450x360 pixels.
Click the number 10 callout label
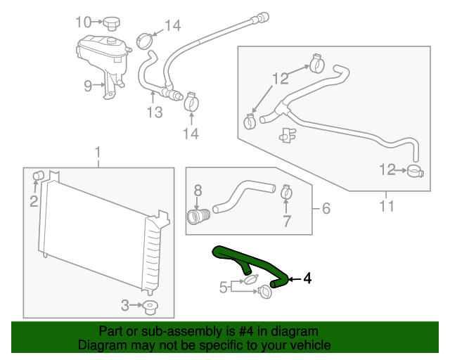84,21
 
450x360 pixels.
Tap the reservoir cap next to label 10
111,24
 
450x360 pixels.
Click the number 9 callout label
88,86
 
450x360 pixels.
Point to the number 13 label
154,112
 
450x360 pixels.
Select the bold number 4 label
307,279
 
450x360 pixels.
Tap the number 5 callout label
222,287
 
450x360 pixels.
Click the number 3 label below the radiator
124,305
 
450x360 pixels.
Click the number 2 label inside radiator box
34,202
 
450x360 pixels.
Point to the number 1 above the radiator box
98,152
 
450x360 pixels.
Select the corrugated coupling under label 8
198,215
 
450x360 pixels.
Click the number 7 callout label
286,223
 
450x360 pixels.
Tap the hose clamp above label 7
286,191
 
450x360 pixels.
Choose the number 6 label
326,208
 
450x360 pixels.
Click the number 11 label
386,207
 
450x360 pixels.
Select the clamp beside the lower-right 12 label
415,170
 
